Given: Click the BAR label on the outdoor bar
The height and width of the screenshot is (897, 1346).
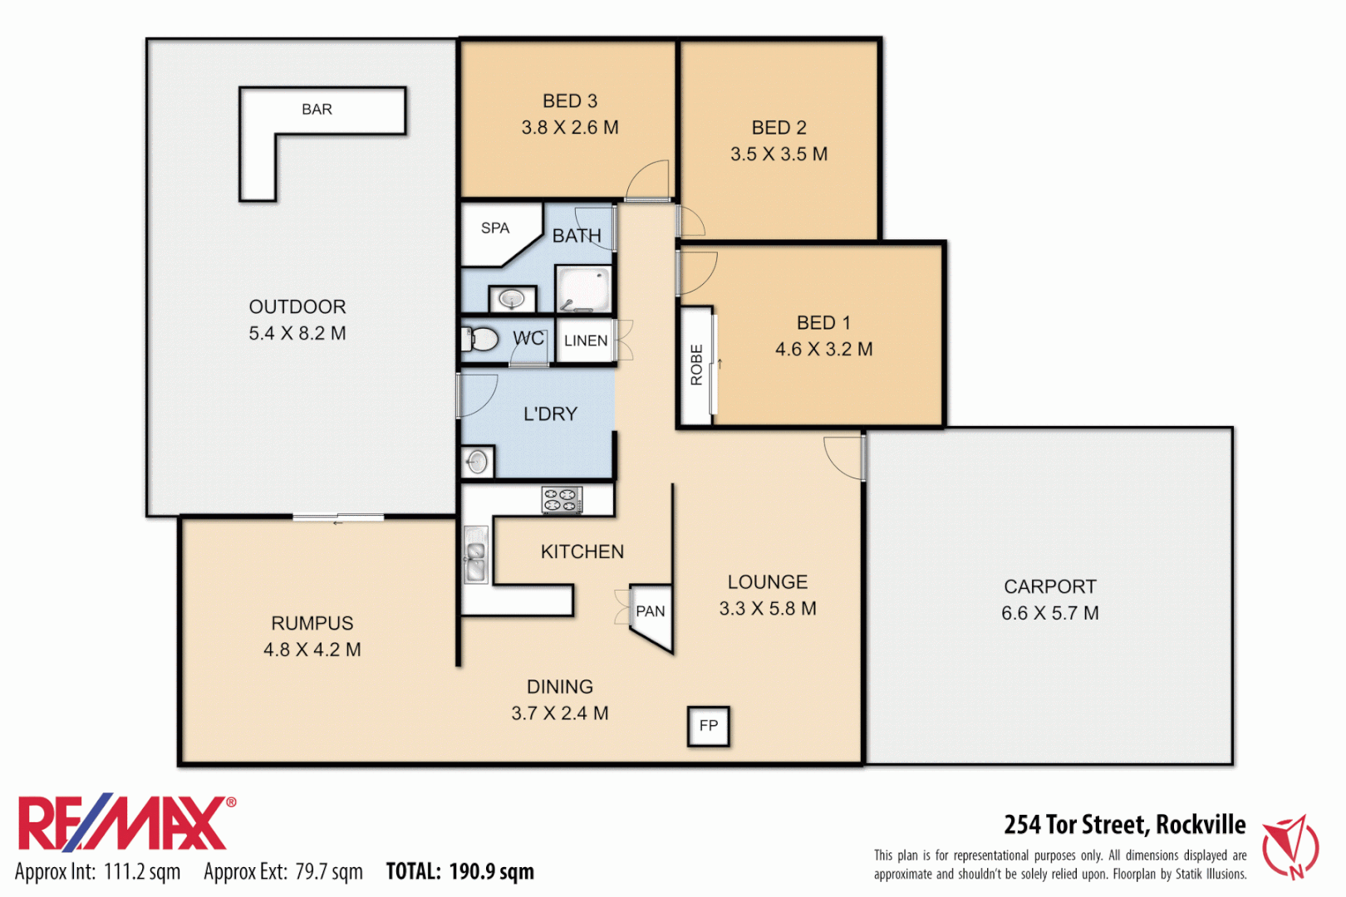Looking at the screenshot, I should (x=317, y=110).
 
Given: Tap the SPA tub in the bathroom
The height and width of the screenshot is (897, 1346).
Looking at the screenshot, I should (x=497, y=232).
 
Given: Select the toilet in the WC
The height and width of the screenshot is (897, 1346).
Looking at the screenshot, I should (x=479, y=339).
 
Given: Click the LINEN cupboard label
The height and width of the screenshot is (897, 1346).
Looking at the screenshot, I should (x=586, y=341).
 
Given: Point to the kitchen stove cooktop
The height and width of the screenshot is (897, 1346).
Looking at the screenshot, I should (x=562, y=499).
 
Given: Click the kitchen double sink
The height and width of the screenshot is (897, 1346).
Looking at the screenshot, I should (x=476, y=555).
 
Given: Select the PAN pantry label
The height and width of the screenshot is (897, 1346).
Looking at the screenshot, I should (x=651, y=611).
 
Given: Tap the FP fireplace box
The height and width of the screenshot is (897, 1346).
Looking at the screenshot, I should (x=709, y=726).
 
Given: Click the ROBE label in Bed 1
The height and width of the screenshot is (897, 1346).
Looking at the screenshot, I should (x=696, y=365).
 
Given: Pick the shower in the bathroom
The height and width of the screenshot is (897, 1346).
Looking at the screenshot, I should (x=583, y=289).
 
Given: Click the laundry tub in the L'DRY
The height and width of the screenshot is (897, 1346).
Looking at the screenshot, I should (x=477, y=462).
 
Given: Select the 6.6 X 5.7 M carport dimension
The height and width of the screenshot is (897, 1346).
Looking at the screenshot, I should (x=1049, y=613).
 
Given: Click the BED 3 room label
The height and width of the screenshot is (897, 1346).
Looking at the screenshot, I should (x=570, y=101).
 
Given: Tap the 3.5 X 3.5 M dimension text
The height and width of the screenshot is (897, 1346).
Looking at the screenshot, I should (x=779, y=154).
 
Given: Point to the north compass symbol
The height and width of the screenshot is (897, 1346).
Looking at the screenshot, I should (x=1290, y=846).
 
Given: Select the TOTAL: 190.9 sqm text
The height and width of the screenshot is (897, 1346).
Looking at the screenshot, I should (x=459, y=871).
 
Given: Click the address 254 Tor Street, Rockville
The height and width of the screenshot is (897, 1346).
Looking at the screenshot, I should (x=1124, y=824).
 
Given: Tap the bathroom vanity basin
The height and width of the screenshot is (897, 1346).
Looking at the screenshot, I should (x=511, y=297).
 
